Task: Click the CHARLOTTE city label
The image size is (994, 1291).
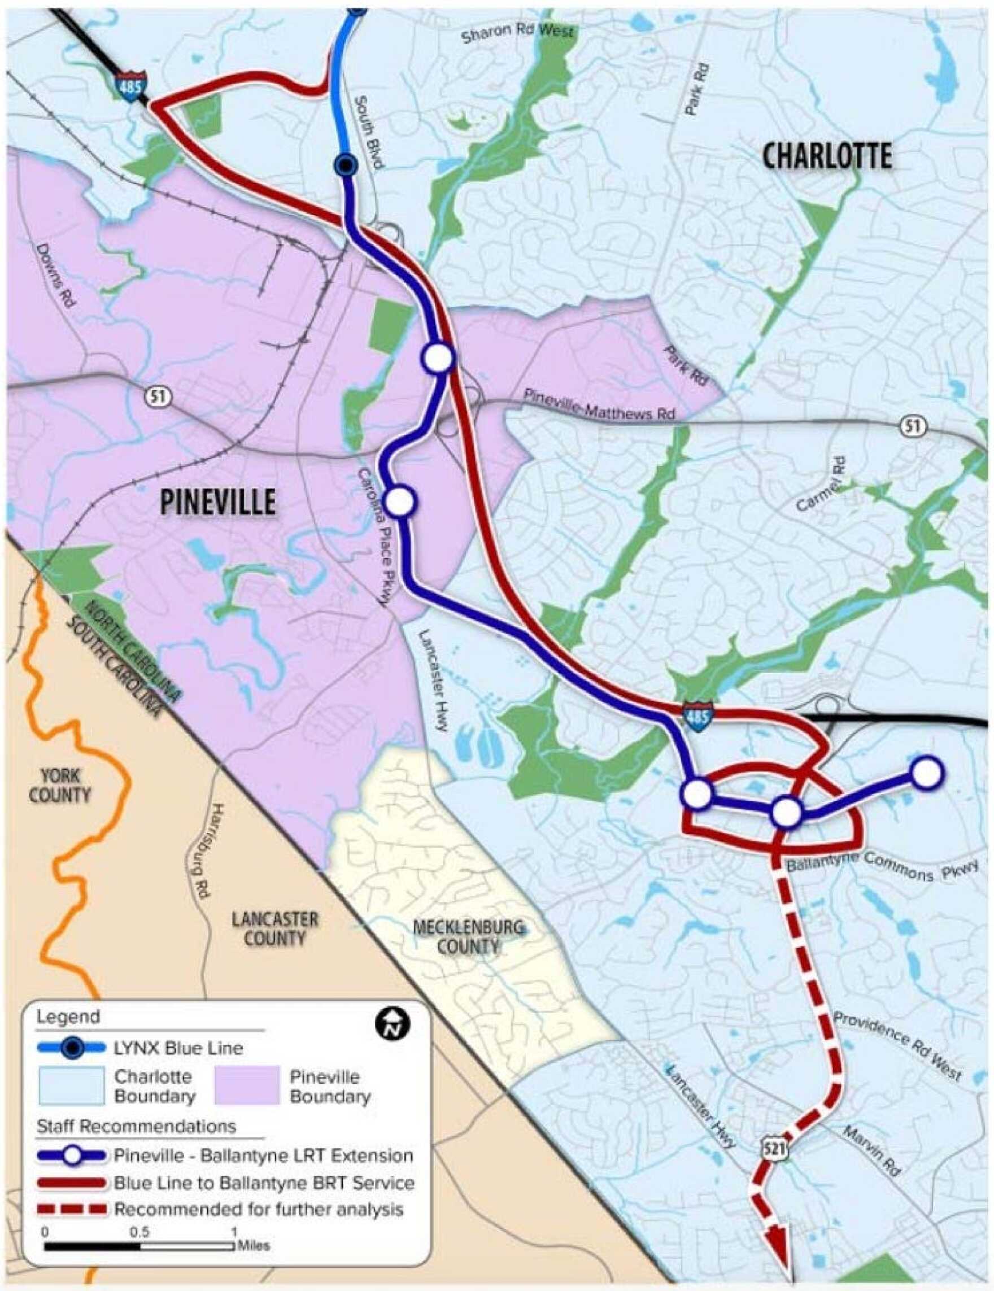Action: click(x=827, y=157)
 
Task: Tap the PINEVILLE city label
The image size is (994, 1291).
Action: click(x=217, y=502)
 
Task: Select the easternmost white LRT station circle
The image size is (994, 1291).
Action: click(x=927, y=773)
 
